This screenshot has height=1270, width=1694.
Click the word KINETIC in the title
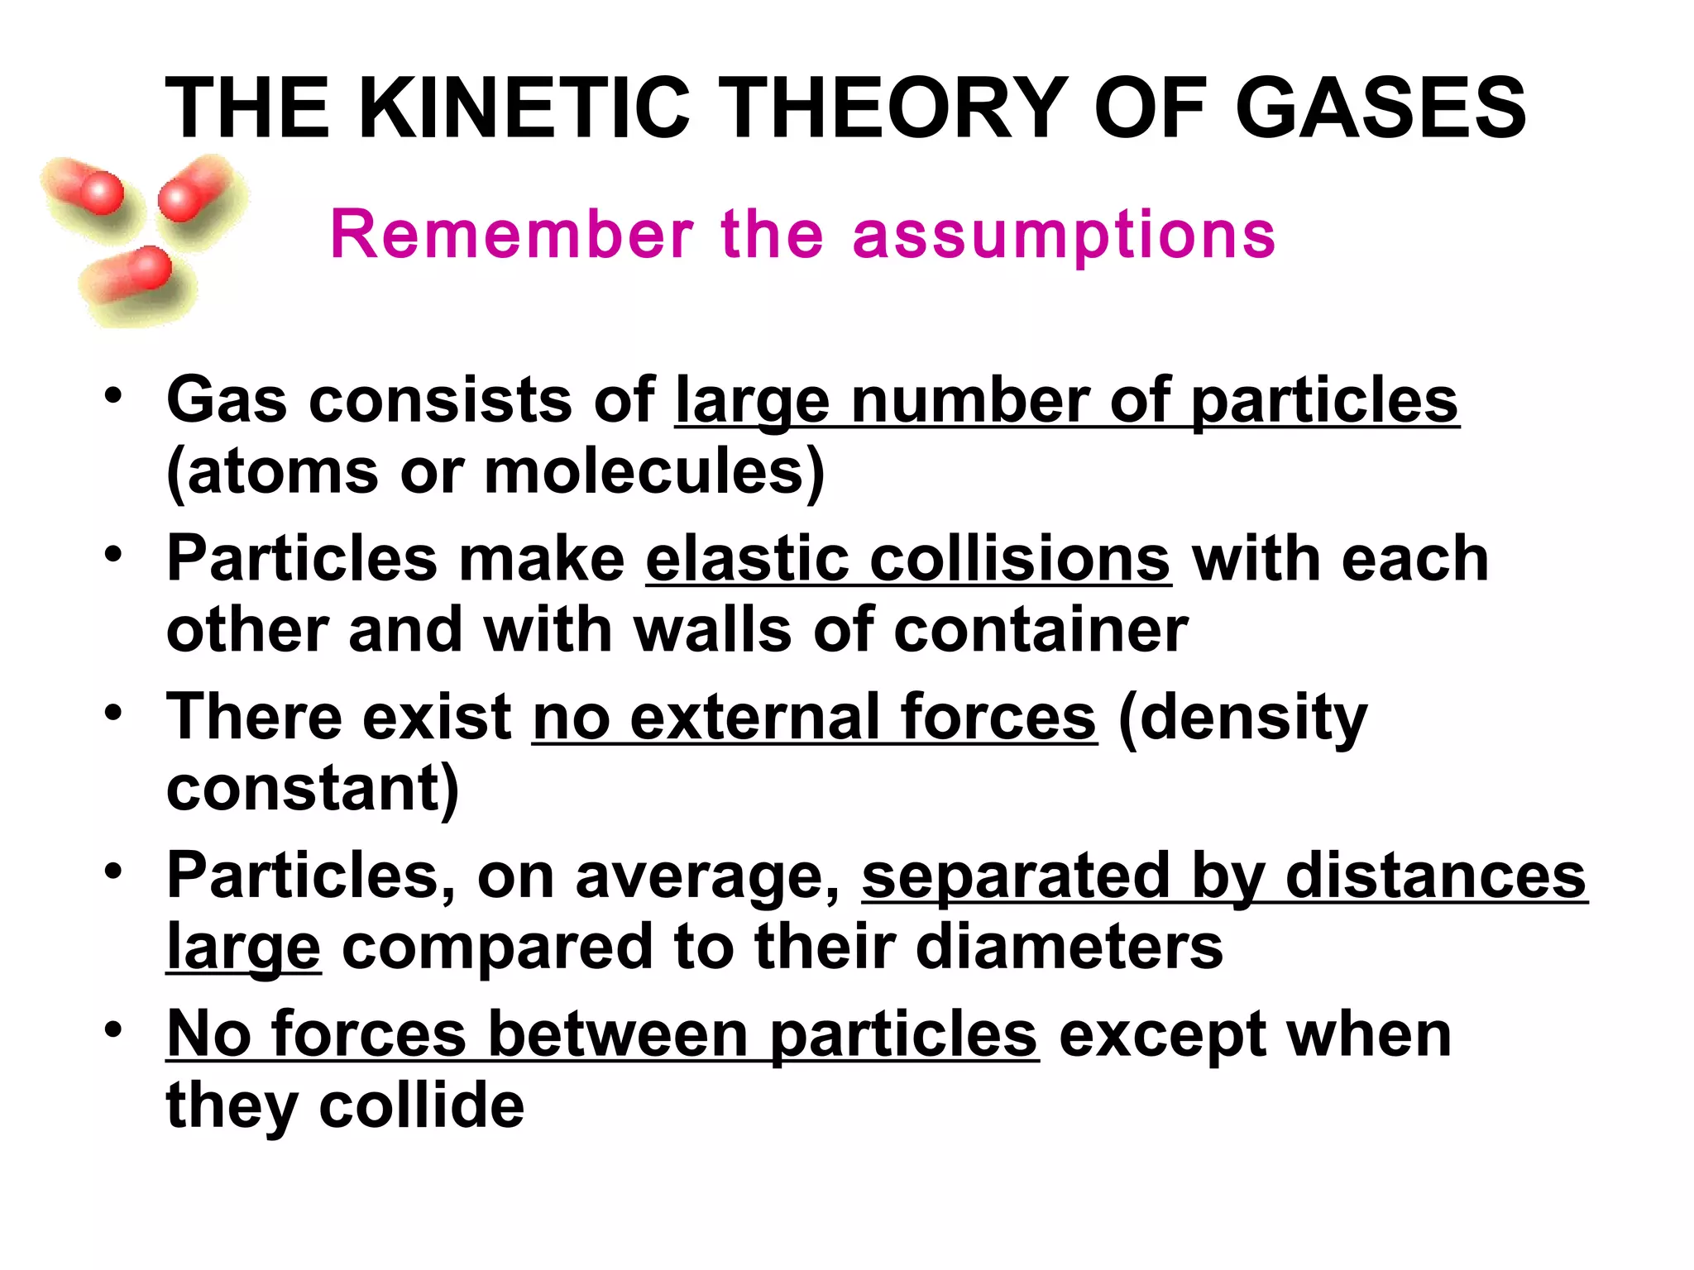[524, 108]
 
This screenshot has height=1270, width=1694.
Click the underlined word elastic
[747, 559]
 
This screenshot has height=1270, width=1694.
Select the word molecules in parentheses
[644, 471]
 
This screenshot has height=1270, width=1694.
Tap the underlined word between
[619, 1034]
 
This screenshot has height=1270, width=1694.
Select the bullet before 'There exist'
[113, 711]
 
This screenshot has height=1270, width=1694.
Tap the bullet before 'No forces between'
[113, 1029]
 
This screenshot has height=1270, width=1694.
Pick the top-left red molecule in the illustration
[87, 189]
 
